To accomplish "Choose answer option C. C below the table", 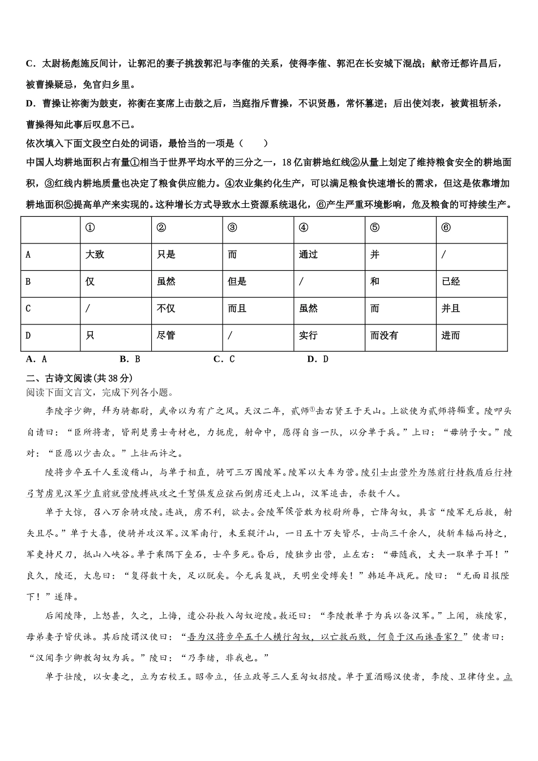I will [224, 359].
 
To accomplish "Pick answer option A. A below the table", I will [36, 359].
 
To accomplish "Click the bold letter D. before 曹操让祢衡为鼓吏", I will [31, 104].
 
